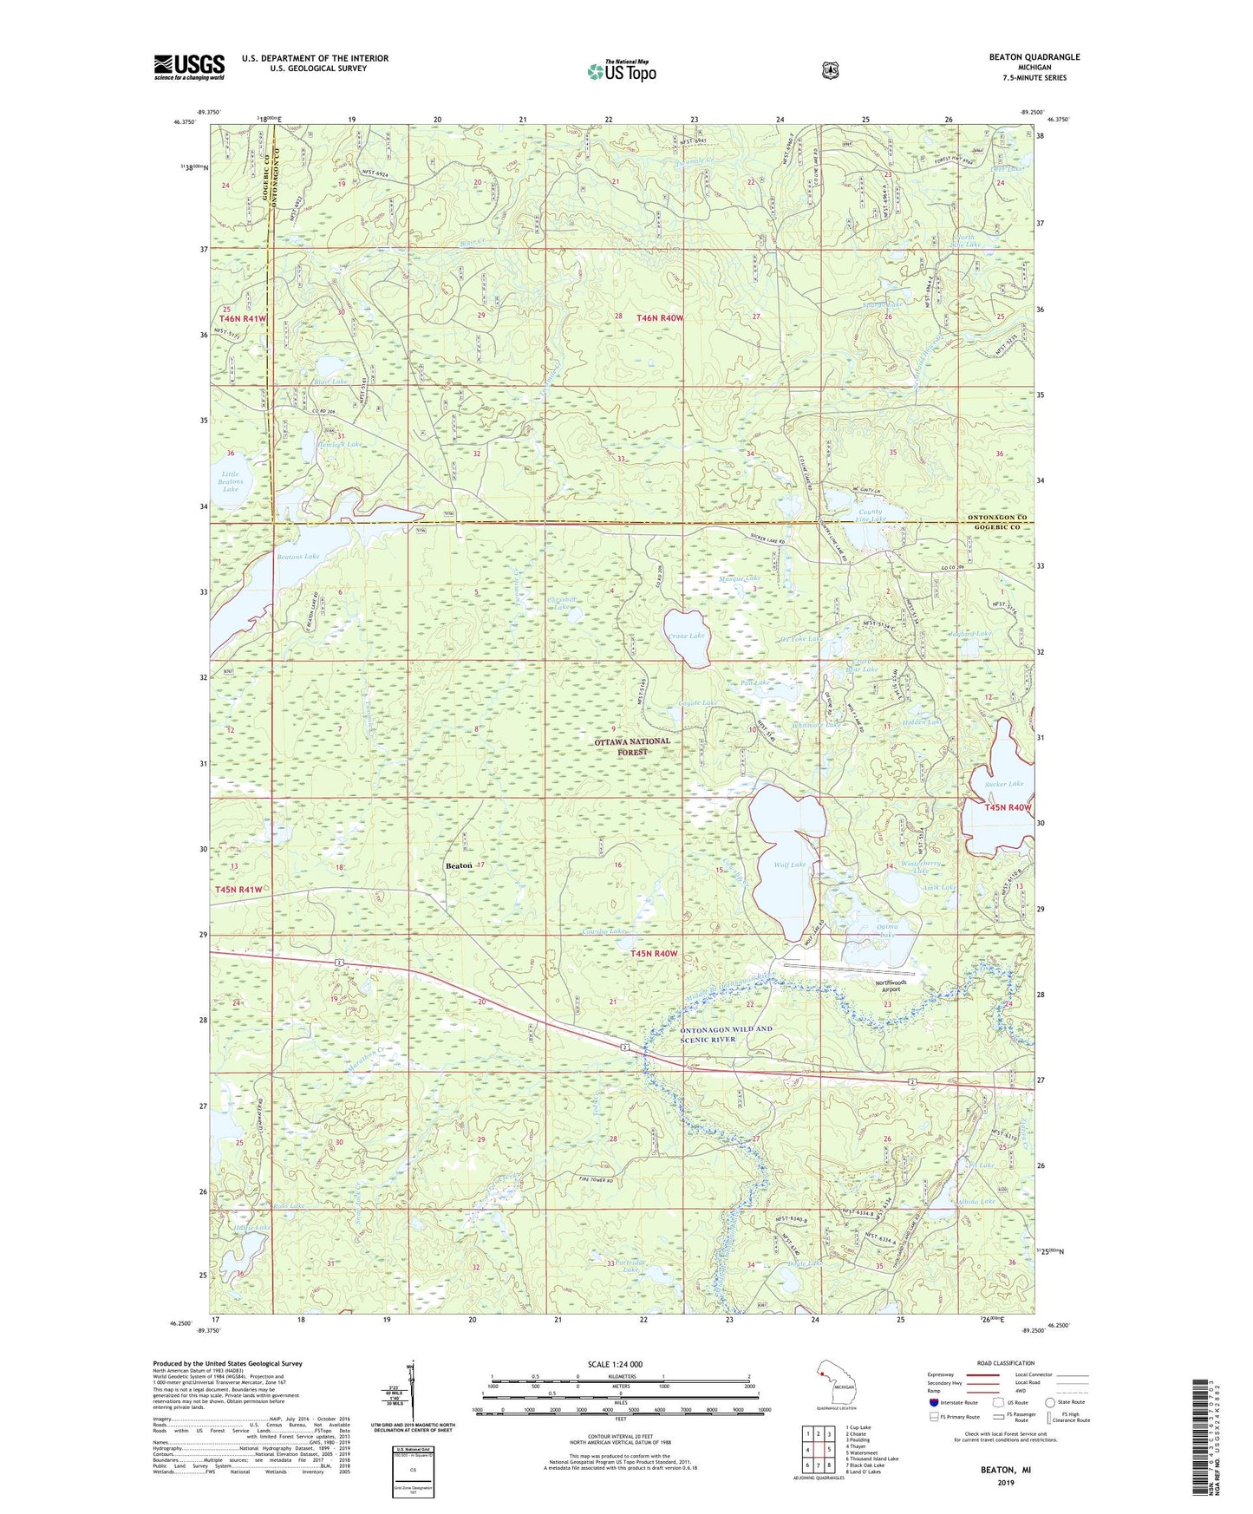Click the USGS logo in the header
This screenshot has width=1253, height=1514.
click(x=189, y=67)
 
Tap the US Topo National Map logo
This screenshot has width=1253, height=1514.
click(x=621, y=70)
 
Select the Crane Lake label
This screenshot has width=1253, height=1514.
click(x=686, y=636)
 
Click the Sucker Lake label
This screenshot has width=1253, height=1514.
click(x=1003, y=784)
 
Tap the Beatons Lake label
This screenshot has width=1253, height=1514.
click(x=297, y=556)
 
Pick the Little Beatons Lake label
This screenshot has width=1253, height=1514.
click(x=230, y=481)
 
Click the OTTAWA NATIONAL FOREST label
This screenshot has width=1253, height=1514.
click(x=631, y=747)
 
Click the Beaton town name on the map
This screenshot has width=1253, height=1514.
click(x=458, y=865)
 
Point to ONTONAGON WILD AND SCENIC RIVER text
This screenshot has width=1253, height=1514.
click(x=725, y=1034)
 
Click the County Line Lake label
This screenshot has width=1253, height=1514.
click(x=870, y=515)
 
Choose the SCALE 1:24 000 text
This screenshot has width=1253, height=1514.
click(x=615, y=1364)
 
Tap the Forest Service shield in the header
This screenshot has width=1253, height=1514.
click(x=830, y=70)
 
